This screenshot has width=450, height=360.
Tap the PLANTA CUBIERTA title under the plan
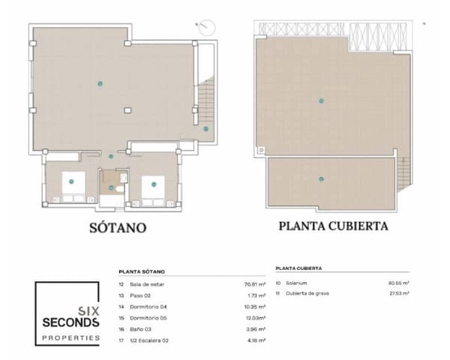click(x=333, y=225)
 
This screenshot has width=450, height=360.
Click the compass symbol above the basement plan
click(x=207, y=27)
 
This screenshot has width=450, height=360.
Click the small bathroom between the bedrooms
click(x=114, y=183)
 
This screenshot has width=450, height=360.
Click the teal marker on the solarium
click(x=321, y=100)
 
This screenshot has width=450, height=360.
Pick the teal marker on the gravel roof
click(x=321, y=178)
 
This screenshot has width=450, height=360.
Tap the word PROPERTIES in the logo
click(x=70, y=338)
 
